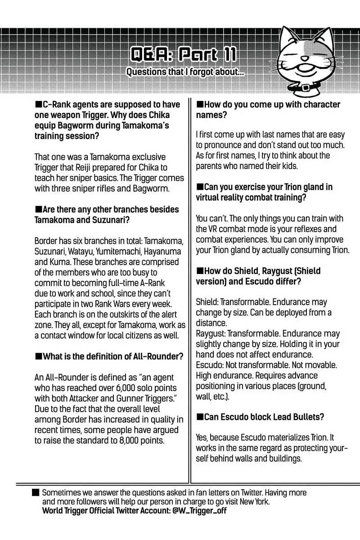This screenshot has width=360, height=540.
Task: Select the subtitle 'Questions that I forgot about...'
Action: (185, 72)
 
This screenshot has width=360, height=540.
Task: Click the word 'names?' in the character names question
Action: (211, 115)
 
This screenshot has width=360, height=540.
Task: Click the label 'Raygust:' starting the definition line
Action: (211, 333)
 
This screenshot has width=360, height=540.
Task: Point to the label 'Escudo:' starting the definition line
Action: (210, 365)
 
